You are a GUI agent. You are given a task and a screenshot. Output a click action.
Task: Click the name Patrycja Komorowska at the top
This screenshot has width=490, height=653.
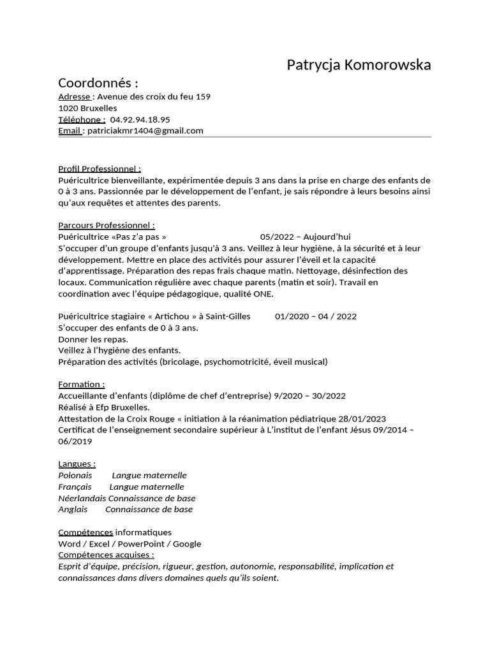[x=359, y=65]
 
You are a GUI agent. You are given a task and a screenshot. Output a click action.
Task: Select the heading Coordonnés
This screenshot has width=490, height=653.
[x=98, y=83]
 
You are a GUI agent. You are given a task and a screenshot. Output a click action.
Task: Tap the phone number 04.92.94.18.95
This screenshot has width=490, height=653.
[x=140, y=119]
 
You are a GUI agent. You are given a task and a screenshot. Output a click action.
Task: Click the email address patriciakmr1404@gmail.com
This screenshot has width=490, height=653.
[x=145, y=131]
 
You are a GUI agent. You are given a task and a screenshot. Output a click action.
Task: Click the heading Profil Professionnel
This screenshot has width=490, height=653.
[x=100, y=169]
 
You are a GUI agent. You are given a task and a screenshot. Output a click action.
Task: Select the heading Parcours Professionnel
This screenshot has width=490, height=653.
[x=107, y=225]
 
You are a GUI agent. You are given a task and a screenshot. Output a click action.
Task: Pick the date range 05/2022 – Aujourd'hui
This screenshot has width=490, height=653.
[x=306, y=237]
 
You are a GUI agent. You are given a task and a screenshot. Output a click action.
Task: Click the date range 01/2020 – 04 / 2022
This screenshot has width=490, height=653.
[x=316, y=316]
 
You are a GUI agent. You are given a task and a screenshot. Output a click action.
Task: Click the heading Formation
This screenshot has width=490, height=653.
[x=81, y=385]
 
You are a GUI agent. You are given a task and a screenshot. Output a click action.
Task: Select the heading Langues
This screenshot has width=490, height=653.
[x=77, y=464]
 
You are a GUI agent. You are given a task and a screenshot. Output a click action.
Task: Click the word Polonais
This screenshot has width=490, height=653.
[x=75, y=476]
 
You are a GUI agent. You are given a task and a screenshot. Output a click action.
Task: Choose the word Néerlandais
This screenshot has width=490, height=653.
[x=82, y=499]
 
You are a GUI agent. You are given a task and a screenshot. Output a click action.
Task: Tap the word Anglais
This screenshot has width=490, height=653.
[x=73, y=510]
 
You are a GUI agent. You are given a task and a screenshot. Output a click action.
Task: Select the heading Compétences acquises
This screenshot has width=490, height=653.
[x=106, y=555]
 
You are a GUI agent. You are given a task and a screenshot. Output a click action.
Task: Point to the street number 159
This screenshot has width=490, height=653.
[x=202, y=97]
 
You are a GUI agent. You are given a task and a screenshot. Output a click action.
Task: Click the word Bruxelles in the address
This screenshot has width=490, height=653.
[x=93, y=108]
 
